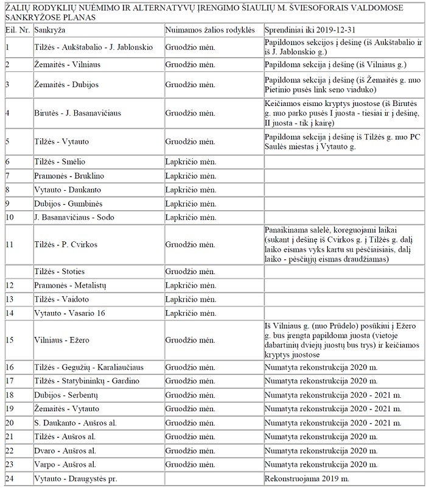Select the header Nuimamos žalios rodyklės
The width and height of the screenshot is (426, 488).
[x=204, y=29]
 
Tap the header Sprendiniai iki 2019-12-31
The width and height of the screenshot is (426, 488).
[x=310, y=29]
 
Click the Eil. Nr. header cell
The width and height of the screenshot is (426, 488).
[x=16, y=29]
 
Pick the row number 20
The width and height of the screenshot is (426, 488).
[x=9, y=422]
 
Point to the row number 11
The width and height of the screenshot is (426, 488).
[x=9, y=244]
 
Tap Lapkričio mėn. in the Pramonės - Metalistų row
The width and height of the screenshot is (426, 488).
[x=190, y=285]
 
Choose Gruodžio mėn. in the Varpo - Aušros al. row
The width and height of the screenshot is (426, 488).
[x=190, y=464]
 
